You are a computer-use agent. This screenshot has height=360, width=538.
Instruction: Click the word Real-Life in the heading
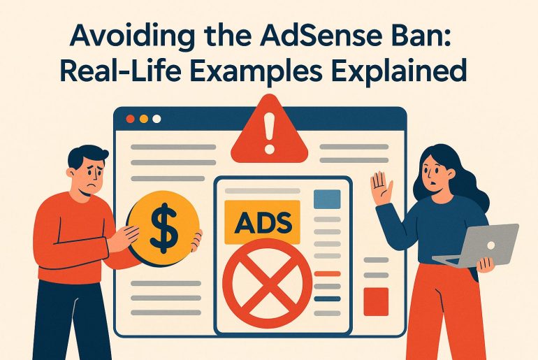click(120, 70)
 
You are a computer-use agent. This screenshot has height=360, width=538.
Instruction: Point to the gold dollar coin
click(163, 228)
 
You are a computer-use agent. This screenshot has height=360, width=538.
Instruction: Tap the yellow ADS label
click(262, 222)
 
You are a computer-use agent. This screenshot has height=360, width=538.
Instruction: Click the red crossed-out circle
click(268, 283)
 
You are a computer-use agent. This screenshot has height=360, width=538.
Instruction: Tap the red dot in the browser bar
click(131, 119)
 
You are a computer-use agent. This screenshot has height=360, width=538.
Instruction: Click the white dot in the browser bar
click(157, 119)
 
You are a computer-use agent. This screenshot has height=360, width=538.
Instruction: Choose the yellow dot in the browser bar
click(144, 119)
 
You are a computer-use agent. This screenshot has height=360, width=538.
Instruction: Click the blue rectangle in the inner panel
click(327, 199)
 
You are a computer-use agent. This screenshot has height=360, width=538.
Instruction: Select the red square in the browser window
click(376, 302)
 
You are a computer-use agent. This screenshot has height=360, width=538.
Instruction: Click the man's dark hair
click(87, 154)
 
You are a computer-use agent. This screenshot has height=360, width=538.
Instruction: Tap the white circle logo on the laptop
click(491, 245)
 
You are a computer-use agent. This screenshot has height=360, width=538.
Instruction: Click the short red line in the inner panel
click(327, 274)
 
